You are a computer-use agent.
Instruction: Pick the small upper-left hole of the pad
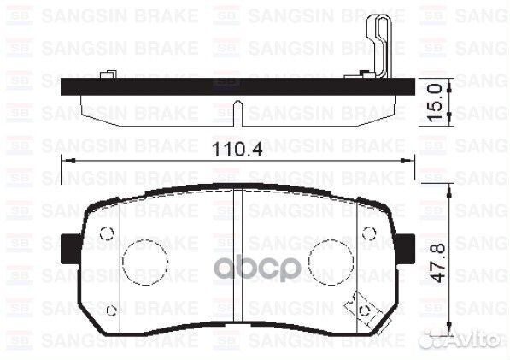click(106, 232)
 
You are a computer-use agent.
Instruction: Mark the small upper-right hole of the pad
click(367, 232)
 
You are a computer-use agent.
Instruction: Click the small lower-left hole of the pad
click(113, 310)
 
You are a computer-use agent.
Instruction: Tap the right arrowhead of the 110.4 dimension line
click(402, 160)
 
